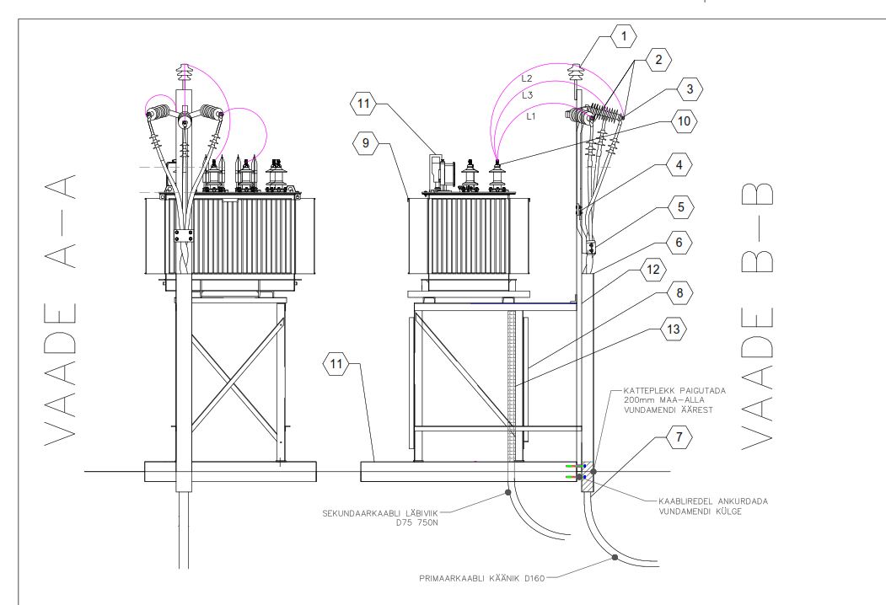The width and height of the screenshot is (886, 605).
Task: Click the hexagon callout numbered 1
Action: tap(624, 36)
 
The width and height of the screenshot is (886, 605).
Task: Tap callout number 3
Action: tap(689, 88)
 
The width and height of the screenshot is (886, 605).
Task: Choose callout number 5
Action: tap(678, 205)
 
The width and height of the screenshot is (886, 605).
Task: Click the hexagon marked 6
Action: tap(678, 243)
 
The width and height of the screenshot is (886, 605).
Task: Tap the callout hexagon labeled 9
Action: tap(367, 144)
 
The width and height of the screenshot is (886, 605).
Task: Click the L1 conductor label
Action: tap(530, 116)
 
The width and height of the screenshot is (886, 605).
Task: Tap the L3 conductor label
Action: tap(528, 95)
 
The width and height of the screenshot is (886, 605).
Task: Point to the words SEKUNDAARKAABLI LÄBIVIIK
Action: tap(385, 511)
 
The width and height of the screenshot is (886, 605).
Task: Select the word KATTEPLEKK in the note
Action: tap(647, 391)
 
